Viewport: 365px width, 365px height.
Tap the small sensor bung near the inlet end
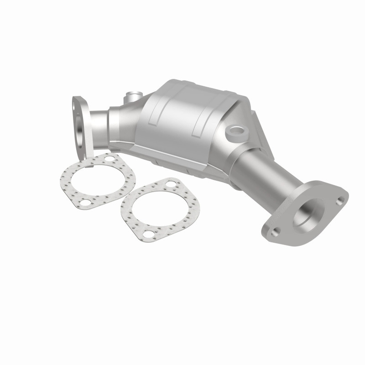coord(133,96)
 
